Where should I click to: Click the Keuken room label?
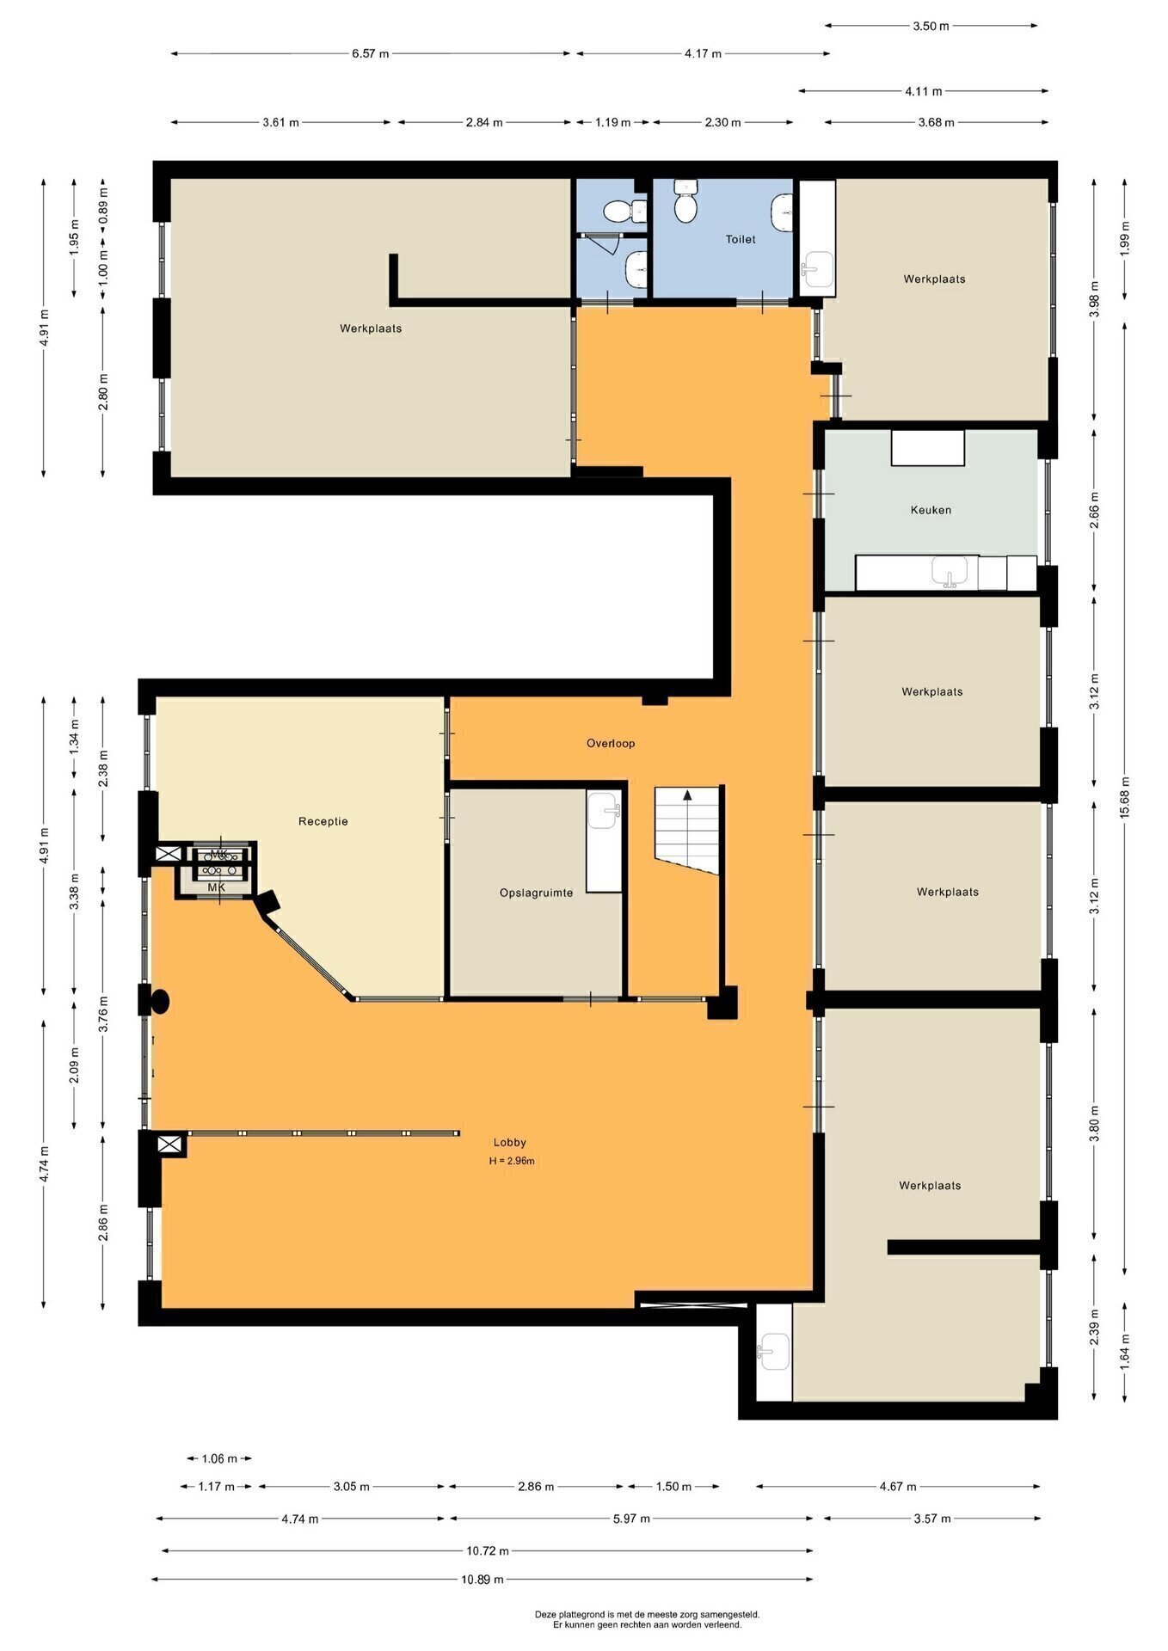[931, 510]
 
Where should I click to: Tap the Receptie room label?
[323, 821]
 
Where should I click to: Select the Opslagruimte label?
[536, 893]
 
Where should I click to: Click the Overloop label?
[611, 743]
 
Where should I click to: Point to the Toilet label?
[741, 239]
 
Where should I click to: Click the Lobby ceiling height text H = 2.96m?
[512, 1161]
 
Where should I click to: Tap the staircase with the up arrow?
[687, 831]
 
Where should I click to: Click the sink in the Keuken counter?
[950, 571]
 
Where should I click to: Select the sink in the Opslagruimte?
[604, 808]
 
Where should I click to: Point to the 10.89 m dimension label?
[483, 1579]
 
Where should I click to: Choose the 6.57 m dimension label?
[370, 53]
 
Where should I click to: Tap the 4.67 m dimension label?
[897, 1486]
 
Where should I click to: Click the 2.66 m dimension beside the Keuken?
[1094, 511]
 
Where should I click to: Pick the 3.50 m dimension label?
[931, 26]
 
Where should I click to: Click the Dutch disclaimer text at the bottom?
[647, 1620]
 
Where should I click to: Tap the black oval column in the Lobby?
[160, 1001]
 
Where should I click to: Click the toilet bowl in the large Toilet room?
[685, 206]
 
